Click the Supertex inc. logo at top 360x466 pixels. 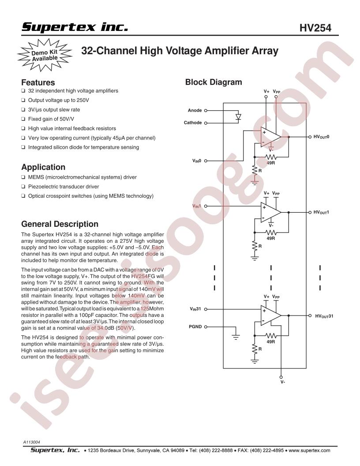coord(75,27)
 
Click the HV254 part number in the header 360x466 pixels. coord(315,28)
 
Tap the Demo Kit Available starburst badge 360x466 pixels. coord(45,55)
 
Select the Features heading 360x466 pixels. coord(38,83)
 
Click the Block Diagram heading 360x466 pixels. coord(214,82)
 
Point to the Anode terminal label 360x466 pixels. coord(195,110)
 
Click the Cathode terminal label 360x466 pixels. coord(193,122)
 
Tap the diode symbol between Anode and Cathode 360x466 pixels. coord(238,116)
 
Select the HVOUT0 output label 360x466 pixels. coord(321,137)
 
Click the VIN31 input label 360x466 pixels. coord(195,309)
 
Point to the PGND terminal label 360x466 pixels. coord(195,327)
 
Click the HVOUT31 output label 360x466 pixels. coord(324,316)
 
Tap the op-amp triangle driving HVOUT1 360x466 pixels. coord(270,212)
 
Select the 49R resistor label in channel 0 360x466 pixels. coord(270,163)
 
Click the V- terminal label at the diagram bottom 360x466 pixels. coord(283,382)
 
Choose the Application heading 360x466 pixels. coord(43,167)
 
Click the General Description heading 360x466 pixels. coord(60,224)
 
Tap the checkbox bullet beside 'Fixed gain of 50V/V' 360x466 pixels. coord(23,119)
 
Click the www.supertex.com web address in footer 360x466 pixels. coord(309,450)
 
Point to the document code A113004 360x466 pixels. coord(31,442)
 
